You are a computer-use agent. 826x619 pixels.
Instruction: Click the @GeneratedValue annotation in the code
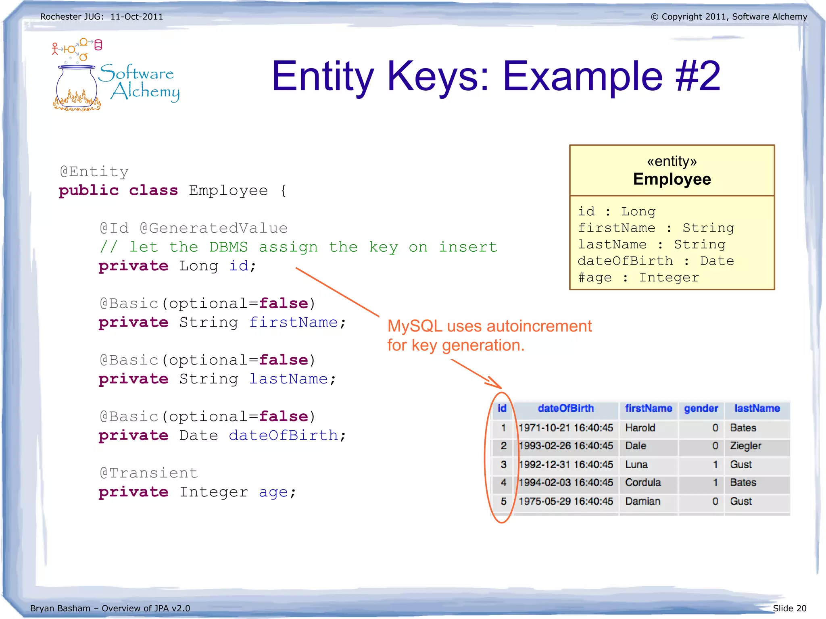click(x=214, y=228)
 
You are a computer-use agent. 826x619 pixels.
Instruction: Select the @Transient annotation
click(x=149, y=473)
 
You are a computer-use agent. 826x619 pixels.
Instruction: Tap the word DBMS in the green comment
click(x=228, y=247)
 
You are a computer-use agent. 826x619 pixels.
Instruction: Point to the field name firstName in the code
click(x=293, y=322)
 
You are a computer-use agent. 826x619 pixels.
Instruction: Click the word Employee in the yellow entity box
click(x=672, y=179)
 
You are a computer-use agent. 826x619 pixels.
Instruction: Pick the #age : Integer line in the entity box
click(x=638, y=277)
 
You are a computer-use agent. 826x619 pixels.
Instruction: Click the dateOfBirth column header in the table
click(x=565, y=408)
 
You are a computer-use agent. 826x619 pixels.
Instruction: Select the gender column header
click(x=701, y=408)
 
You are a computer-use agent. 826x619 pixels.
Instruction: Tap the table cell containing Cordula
click(x=643, y=483)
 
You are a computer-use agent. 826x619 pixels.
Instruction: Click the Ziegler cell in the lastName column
click(x=745, y=446)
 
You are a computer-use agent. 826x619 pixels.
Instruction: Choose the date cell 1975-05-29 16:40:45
click(x=565, y=501)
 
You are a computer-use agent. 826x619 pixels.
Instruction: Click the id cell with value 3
click(x=503, y=465)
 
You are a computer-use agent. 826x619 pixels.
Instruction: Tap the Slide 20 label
click(x=789, y=608)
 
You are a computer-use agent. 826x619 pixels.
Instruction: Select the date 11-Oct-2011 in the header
click(x=137, y=17)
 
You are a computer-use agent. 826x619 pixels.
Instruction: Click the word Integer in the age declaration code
click(x=214, y=492)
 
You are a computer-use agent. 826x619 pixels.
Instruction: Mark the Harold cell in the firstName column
click(x=640, y=428)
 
